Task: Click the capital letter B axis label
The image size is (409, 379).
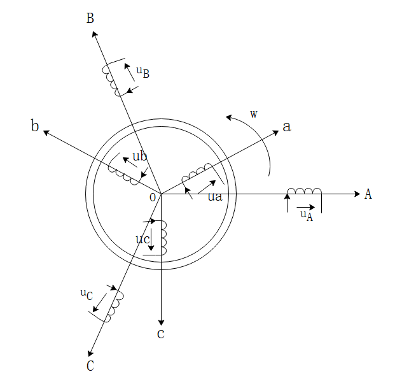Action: pyautogui.click(x=90, y=18)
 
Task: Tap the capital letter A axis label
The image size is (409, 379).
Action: pyautogui.click(x=368, y=194)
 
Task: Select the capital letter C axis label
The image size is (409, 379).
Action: pyautogui.click(x=90, y=366)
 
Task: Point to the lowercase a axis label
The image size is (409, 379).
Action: pyautogui.click(x=287, y=127)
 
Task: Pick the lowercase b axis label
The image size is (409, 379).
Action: pyautogui.click(x=35, y=125)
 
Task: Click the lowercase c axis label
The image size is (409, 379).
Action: pyautogui.click(x=161, y=334)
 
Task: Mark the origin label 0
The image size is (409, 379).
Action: pyautogui.click(x=153, y=197)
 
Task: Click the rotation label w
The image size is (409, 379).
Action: pyautogui.click(x=254, y=114)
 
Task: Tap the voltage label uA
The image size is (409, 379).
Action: pyautogui.click(x=307, y=215)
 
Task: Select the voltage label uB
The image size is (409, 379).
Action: pyautogui.click(x=143, y=72)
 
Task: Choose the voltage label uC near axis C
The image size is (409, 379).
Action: pyautogui.click(x=87, y=294)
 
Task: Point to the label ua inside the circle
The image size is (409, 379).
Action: pyautogui.click(x=215, y=197)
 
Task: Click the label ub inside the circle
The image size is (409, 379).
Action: pyautogui.click(x=140, y=156)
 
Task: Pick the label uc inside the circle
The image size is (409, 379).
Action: pyautogui.click(x=142, y=240)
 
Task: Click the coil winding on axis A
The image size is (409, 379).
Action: pyautogui.click(x=304, y=191)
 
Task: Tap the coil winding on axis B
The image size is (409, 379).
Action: pyautogui.click(x=111, y=80)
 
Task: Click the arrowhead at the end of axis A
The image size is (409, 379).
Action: pyautogui.click(x=357, y=194)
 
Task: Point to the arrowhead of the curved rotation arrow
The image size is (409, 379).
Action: pyautogui.click(x=229, y=118)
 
